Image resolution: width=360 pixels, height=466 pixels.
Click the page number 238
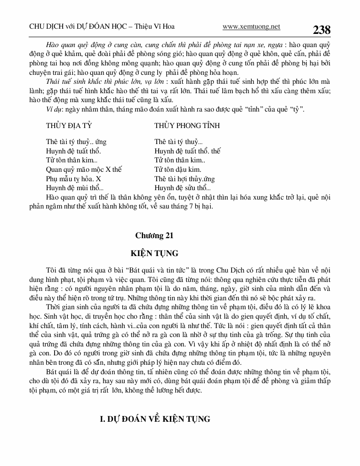[322, 30]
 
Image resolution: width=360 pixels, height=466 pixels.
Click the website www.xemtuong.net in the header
[251, 27]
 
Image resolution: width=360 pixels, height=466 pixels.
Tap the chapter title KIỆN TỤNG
[154, 253]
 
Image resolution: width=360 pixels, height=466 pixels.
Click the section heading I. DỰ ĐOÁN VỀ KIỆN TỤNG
[156, 419]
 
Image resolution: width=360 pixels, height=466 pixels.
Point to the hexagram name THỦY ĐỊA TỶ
[69, 126]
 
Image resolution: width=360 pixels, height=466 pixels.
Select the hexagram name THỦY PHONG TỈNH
[187, 126]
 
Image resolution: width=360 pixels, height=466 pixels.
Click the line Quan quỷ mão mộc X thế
[84, 169]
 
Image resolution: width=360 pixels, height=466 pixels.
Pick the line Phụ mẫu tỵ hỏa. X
[73, 178]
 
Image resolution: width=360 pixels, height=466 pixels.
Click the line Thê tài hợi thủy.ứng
[184, 178]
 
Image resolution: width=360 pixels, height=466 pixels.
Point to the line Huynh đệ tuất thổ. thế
[187, 151]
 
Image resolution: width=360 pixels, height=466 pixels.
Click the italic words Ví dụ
[55, 110]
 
